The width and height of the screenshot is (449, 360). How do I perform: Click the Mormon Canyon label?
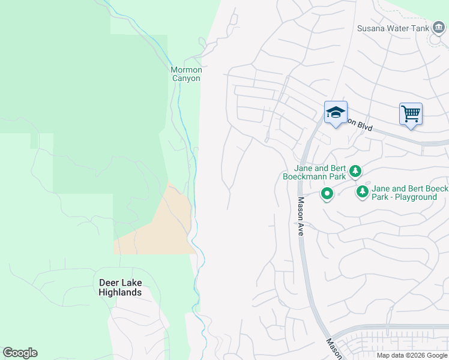click(x=187, y=74)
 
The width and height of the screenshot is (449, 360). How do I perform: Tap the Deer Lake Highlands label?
click(x=121, y=287)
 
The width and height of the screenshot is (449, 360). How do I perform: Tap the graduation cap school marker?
click(x=336, y=112)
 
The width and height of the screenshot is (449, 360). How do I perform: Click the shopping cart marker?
click(x=411, y=113)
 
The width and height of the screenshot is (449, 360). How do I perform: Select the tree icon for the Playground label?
click(x=363, y=191)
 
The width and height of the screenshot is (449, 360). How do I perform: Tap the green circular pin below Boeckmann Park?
click(x=327, y=194)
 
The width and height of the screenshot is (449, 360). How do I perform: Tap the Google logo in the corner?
click(x=20, y=353)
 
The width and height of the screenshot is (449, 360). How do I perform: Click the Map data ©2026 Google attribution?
click(x=412, y=355)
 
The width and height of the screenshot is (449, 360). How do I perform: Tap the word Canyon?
click(x=187, y=79)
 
